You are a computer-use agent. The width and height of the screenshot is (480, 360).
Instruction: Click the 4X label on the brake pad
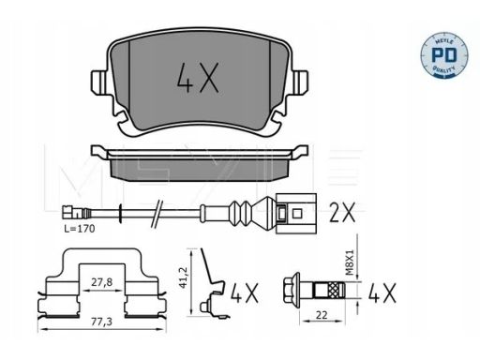coord(198,78)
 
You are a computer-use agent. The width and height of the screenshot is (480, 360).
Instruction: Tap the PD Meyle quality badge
coord(444,54)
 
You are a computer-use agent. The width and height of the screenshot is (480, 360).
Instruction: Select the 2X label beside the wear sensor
coord(342,213)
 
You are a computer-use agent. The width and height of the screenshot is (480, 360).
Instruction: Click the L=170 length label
coord(80,229)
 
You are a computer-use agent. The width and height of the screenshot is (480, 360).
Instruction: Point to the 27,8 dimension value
coord(102,282)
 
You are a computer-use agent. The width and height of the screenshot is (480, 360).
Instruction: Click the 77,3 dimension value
coord(102,322)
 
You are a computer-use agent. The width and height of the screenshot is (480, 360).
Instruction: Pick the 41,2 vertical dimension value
coord(183,277)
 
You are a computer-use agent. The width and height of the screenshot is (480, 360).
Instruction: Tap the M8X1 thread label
coord(350,262)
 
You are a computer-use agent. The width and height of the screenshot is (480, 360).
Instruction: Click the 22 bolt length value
coord(322,315)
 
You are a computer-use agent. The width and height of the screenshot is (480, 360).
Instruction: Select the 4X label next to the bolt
coord(382,292)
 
